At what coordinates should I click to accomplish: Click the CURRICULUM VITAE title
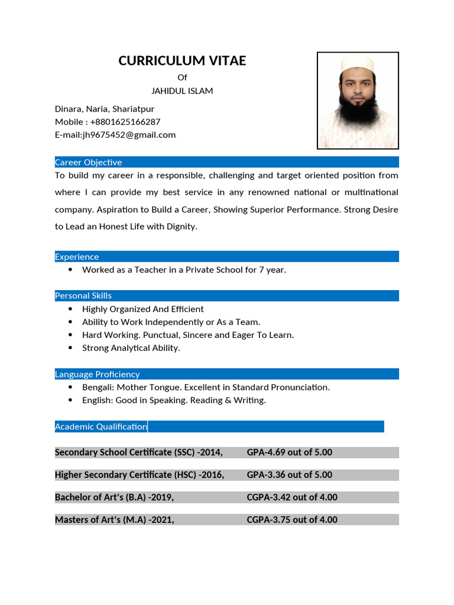coord(182,61)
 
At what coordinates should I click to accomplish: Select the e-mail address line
coord(115,135)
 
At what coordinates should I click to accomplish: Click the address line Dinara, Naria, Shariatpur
coord(105,109)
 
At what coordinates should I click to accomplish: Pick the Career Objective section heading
coord(89,162)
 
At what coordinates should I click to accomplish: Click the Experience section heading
coord(77,257)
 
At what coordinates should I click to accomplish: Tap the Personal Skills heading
coord(83,296)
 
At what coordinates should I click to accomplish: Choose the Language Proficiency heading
coord(98,374)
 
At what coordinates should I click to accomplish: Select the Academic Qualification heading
coord(101,427)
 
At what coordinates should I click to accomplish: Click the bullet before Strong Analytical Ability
coord(71,348)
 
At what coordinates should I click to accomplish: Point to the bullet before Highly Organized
coord(71,309)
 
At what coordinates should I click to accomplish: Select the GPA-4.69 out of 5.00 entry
coord(289,453)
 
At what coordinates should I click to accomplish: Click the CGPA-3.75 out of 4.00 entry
coord(291,520)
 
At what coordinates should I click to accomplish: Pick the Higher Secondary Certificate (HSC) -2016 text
coord(140,475)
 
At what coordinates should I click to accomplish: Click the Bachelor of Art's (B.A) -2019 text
coord(114,497)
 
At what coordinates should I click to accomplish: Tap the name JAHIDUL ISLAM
coord(182,91)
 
